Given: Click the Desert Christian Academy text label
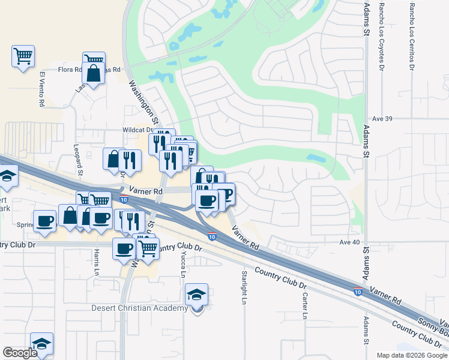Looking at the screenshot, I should [139, 308].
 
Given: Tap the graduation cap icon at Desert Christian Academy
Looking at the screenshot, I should [196, 295].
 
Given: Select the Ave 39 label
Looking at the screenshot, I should [382, 119].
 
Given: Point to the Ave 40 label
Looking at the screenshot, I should [349, 242].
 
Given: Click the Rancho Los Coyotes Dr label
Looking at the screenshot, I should [381, 36].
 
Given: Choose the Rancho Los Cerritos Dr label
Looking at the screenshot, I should [412, 36].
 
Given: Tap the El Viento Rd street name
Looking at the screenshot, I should [42, 89].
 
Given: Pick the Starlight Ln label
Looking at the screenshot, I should [244, 287].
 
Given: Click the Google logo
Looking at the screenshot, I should [20, 353].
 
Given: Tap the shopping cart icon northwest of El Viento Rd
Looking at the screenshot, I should [23, 56].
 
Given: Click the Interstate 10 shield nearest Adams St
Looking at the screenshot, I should [357, 292].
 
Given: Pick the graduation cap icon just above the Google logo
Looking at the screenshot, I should [41, 344].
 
